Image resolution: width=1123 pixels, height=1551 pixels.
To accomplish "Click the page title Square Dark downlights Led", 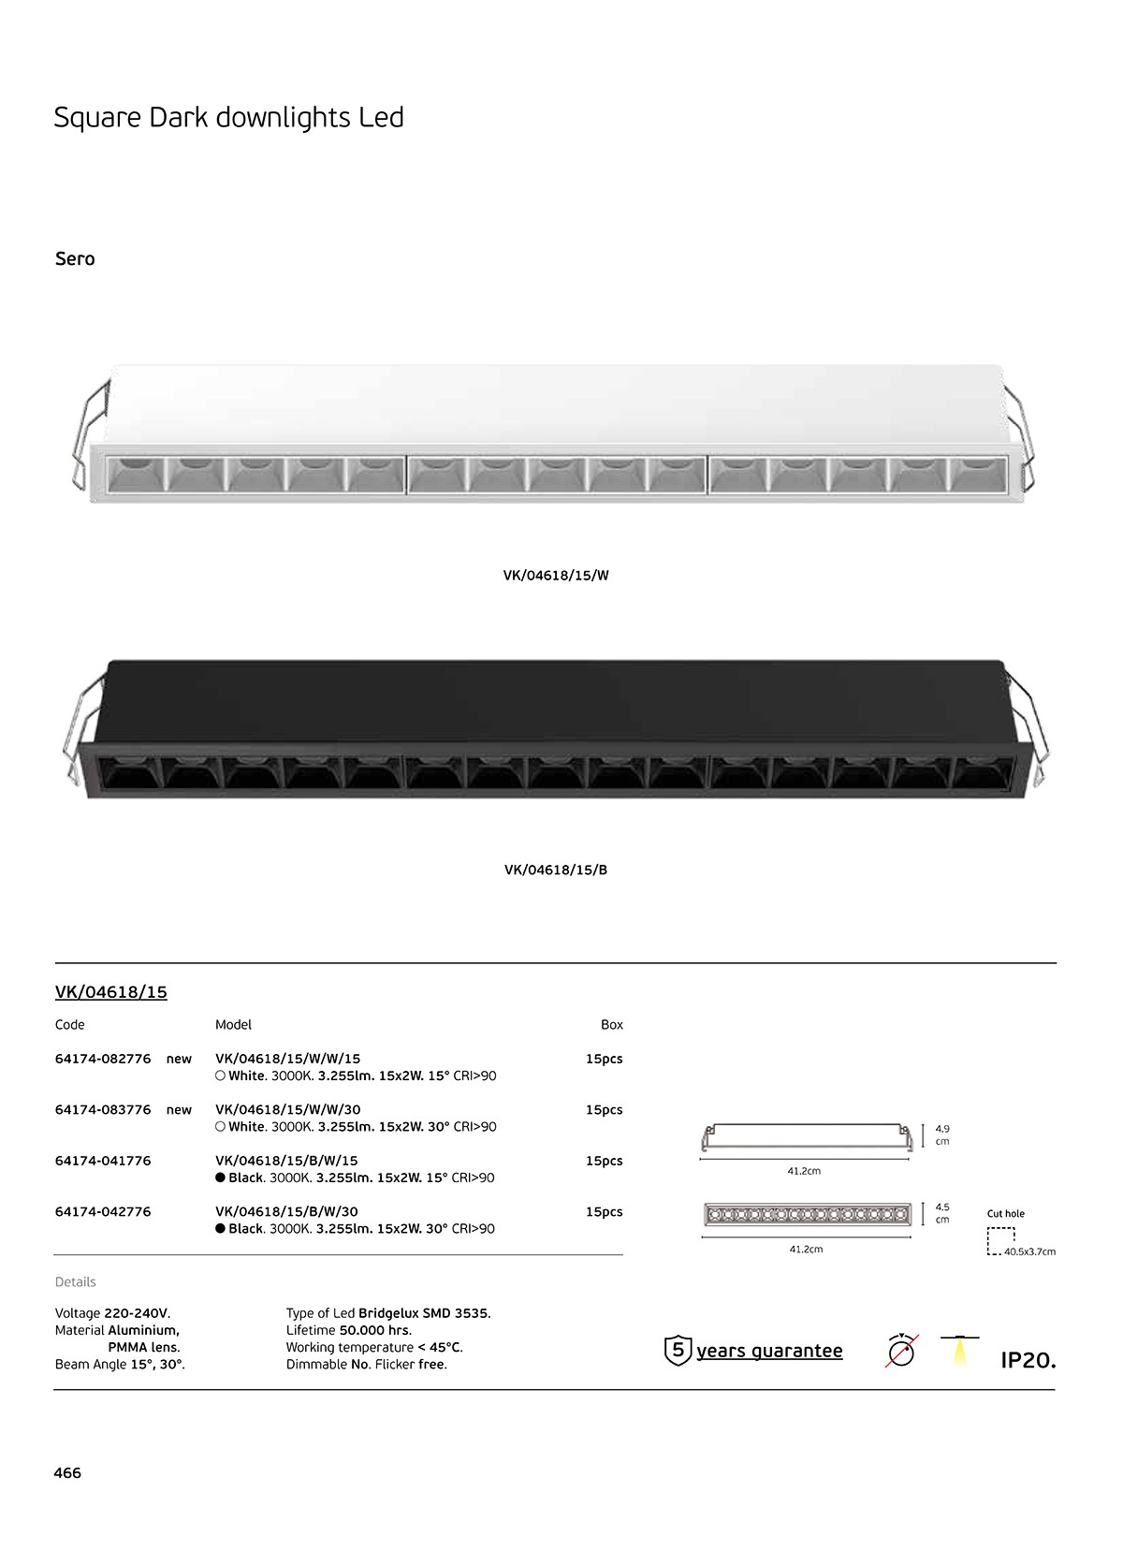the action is click(228, 118).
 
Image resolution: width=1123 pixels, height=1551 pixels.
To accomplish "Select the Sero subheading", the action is click(75, 259).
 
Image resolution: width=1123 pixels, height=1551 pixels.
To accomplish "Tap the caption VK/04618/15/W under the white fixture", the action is click(556, 576).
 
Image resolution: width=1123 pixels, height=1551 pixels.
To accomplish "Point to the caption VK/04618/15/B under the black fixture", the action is click(556, 871).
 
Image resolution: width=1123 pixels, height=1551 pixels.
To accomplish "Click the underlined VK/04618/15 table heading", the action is click(110, 992).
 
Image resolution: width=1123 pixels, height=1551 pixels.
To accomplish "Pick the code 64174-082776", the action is click(102, 1059).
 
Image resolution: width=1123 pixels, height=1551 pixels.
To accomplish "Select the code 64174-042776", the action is click(102, 1212).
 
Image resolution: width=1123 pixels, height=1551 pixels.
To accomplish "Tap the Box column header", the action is click(612, 1025).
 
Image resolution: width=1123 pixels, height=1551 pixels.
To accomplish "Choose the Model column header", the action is click(233, 1025).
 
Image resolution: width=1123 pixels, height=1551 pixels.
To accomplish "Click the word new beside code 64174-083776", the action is click(179, 1110).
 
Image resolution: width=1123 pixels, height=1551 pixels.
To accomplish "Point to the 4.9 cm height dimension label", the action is click(942, 1134).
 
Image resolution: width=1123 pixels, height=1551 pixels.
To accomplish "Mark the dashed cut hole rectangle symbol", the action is click(1000, 1240).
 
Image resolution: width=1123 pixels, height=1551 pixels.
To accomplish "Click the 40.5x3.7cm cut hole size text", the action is click(1030, 1251).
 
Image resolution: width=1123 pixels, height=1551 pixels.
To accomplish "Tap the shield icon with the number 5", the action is click(678, 1350).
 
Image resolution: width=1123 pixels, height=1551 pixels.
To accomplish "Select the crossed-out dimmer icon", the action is click(901, 1350).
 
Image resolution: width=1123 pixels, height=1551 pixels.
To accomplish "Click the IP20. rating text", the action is click(1028, 1361).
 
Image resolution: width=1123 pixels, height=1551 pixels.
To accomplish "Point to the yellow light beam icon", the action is click(959, 1351).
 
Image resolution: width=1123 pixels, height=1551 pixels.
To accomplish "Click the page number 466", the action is click(68, 1472).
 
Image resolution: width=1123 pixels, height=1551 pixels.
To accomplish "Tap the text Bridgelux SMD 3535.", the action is click(425, 1313).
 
